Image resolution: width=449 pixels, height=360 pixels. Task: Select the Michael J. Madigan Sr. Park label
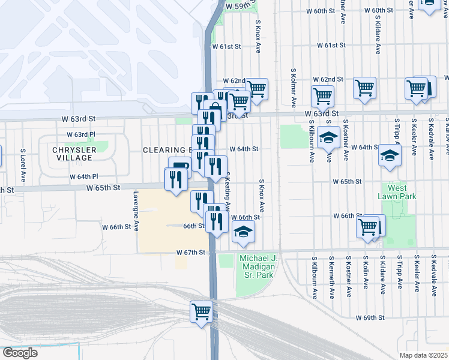pos(258,266)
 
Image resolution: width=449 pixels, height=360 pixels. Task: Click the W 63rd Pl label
pos(81,134)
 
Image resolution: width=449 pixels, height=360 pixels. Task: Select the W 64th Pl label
pos(83,176)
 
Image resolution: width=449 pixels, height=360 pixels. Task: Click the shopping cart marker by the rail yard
pos(201,311)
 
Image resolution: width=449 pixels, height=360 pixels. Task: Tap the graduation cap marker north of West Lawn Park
pos(390,155)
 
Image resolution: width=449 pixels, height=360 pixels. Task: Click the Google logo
pos(20,353)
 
